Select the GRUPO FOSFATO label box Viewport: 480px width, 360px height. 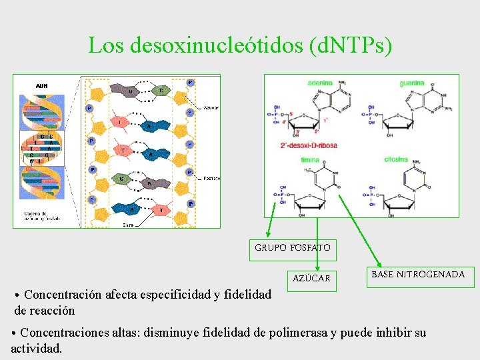(x=292, y=248)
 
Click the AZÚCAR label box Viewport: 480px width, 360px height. (x=311, y=278)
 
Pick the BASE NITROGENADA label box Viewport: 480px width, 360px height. (x=418, y=275)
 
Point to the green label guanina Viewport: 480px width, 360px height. (x=411, y=83)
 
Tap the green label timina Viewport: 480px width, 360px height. (x=310, y=160)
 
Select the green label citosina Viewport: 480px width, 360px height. (x=396, y=160)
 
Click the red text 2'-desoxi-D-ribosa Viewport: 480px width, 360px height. (x=309, y=145)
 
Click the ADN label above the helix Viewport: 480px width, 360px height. (x=41, y=85)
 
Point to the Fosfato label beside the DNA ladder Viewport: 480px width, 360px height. (x=211, y=179)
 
